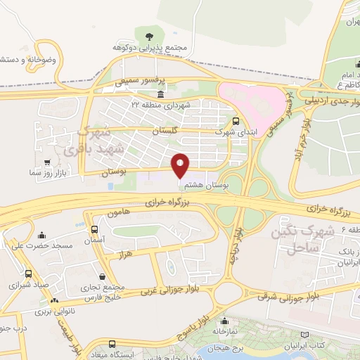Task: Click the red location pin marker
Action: coord(181,165)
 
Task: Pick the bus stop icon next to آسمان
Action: coord(95,229)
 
